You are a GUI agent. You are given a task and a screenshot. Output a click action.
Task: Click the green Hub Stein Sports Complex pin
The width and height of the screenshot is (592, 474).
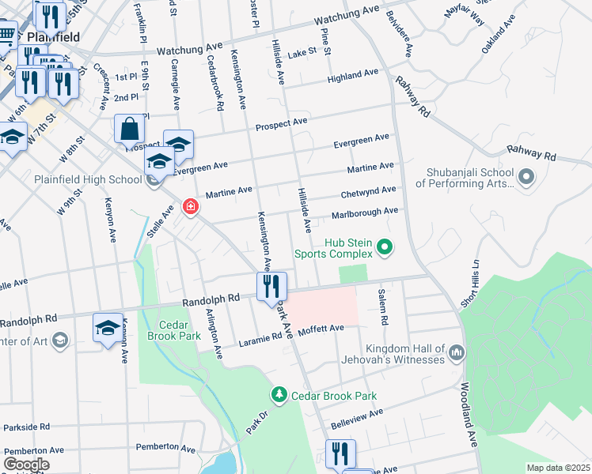385,248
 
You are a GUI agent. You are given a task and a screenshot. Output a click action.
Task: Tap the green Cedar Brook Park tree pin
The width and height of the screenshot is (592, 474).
279,394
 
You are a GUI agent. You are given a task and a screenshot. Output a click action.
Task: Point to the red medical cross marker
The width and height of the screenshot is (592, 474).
190,208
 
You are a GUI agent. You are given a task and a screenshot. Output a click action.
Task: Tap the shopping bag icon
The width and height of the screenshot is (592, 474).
129,128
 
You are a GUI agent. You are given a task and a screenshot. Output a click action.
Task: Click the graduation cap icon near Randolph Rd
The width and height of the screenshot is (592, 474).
108,328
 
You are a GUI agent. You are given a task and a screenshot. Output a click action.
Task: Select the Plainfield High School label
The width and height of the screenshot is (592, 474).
87,179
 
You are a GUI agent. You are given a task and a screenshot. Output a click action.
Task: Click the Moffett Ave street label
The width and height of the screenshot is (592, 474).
321,328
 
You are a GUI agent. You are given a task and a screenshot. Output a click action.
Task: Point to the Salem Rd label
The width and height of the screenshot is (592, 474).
385,310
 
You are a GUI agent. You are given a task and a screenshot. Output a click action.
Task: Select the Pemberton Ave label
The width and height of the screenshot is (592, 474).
166,448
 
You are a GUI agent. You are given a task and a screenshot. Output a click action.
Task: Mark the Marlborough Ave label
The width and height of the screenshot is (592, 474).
364,212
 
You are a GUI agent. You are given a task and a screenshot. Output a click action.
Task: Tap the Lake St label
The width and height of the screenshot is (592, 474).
302,52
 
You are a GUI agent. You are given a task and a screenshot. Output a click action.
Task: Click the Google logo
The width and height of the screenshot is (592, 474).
26,465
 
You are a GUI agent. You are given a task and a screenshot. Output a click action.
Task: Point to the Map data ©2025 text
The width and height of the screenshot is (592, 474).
558,468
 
